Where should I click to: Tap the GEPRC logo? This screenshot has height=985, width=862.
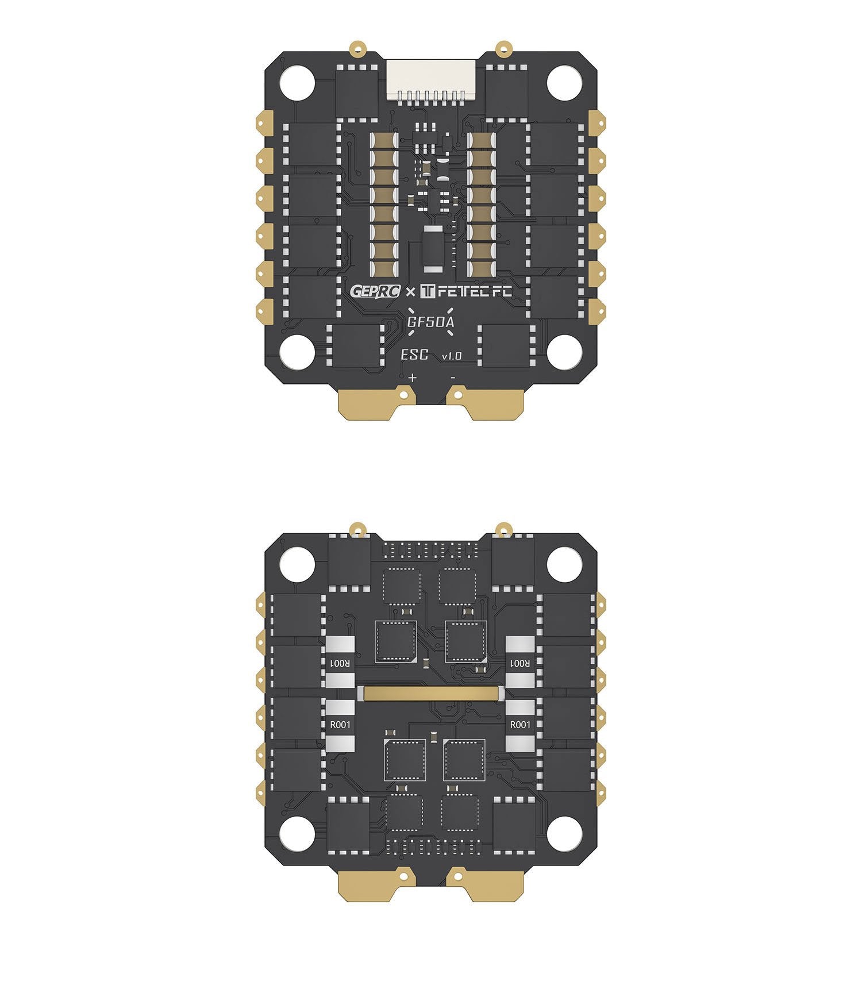pos(375,291)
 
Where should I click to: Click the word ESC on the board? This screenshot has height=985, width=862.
pos(414,355)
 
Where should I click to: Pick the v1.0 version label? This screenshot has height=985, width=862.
pos(451,357)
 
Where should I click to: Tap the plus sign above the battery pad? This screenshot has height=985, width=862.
pos(412,378)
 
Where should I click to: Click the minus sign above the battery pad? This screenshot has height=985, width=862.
pos(453,378)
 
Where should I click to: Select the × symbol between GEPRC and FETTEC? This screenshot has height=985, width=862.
pos(410,293)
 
